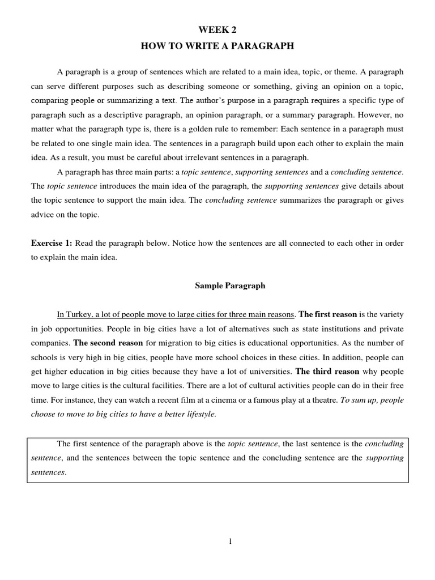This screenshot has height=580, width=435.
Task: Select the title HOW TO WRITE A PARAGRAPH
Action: (217, 46)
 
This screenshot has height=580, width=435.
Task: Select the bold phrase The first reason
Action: (327, 314)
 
